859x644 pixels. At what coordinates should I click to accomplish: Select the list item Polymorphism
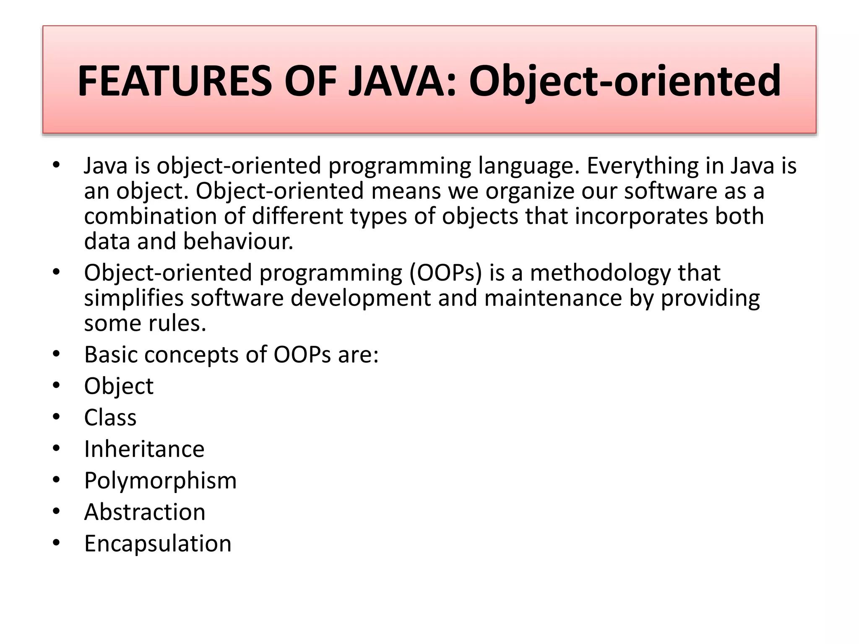[160, 480]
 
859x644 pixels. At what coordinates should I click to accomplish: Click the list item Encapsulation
[158, 543]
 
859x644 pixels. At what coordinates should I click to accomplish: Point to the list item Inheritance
[144, 449]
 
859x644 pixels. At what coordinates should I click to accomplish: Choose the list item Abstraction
[145, 512]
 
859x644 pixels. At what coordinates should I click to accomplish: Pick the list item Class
[110, 418]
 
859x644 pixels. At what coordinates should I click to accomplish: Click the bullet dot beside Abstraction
[57, 512]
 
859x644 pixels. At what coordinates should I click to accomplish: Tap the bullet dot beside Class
[57, 418]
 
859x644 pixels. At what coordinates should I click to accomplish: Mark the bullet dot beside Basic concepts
[57, 355]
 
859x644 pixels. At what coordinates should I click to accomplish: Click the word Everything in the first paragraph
[642, 166]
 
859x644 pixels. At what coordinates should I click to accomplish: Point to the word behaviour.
[238, 241]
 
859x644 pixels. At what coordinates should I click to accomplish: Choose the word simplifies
[134, 298]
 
